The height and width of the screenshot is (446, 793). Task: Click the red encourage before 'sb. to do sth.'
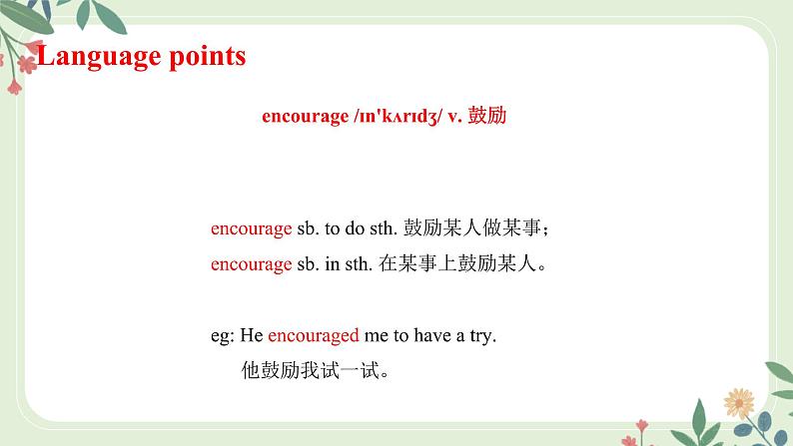click(x=251, y=228)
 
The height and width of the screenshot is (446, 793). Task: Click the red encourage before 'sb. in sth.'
click(x=251, y=264)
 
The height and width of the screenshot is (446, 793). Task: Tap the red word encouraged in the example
click(x=314, y=336)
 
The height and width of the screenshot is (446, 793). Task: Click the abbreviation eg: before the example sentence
click(x=222, y=336)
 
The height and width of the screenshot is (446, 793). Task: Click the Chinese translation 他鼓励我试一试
click(x=313, y=372)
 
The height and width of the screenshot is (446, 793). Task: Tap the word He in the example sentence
click(x=253, y=336)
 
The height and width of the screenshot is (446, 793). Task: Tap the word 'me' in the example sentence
click(x=376, y=336)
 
